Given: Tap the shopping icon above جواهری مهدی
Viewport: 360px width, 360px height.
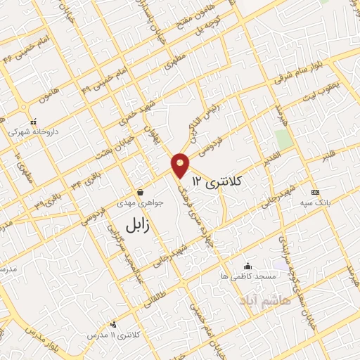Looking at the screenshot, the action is [141, 192].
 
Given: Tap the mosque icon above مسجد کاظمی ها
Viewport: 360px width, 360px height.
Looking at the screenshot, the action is [247, 266].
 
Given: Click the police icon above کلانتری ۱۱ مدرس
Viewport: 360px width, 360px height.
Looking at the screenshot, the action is [113, 324].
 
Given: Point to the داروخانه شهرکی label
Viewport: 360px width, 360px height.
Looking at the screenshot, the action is [33, 131].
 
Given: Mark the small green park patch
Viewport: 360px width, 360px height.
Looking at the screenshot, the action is [282, 139].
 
